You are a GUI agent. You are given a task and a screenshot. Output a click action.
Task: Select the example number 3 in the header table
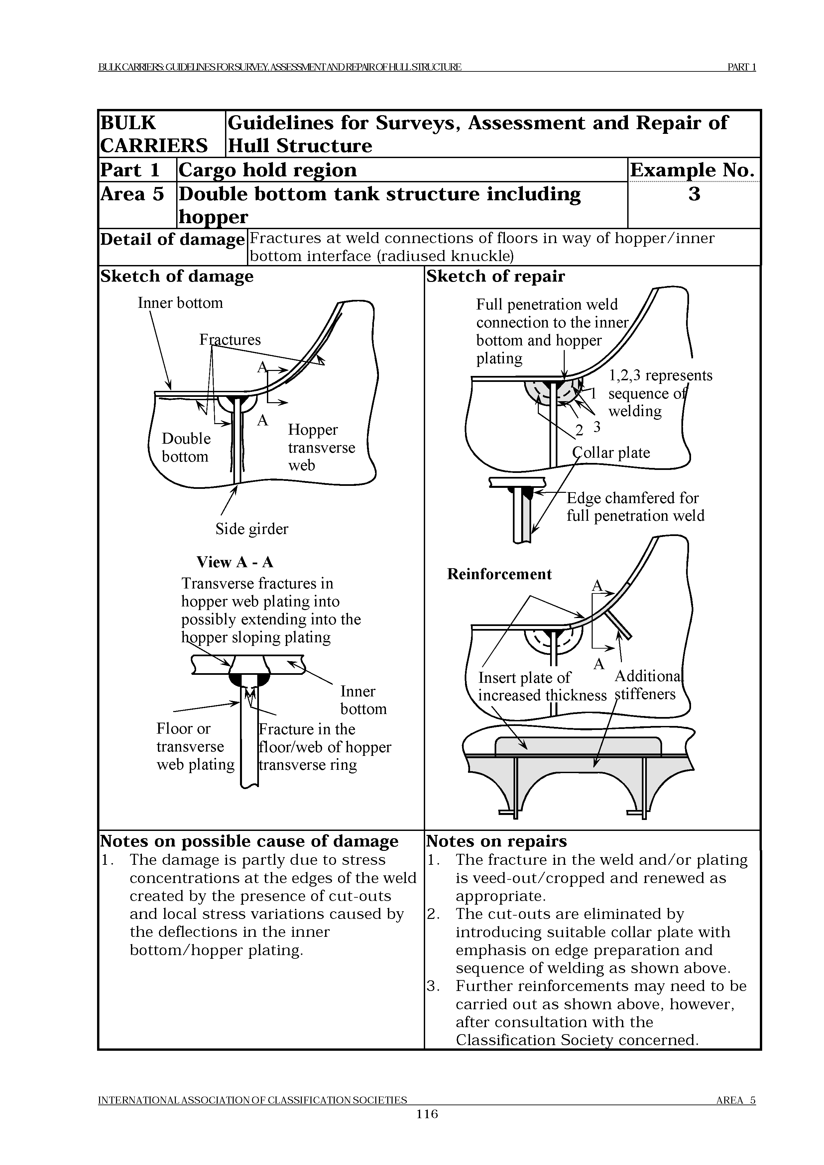tap(694, 194)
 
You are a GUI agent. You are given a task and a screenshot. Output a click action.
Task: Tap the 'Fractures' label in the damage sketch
tap(230, 339)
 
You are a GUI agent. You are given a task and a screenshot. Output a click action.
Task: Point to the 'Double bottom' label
tap(186, 448)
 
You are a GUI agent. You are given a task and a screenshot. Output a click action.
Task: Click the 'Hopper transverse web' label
tap(321, 448)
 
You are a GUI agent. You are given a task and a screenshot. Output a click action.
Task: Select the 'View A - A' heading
tap(235, 562)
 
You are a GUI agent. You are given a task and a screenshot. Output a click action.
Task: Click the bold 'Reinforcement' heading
tap(499, 574)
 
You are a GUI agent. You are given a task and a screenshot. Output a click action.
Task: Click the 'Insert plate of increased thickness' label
tap(542, 686)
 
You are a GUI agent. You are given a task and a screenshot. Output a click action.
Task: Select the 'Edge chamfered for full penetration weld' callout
tap(635, 507)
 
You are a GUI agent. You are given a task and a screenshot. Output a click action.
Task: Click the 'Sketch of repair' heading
tap(496, 277)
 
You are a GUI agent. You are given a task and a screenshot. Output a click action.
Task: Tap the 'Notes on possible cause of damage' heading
tap(249, 841)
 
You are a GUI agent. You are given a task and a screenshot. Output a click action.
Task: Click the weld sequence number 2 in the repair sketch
tap(579, 431)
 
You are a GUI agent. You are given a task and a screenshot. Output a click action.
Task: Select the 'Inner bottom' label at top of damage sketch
tap(180, 303)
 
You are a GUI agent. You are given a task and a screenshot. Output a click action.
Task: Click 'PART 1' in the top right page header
tap(742, 67)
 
